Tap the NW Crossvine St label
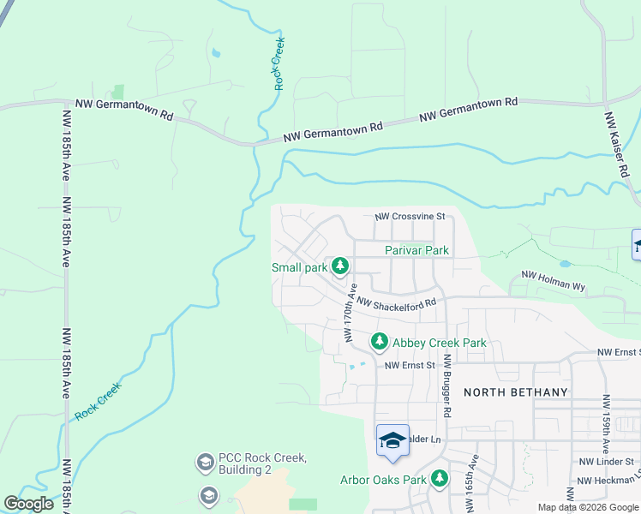click(410, 217)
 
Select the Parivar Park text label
click(417, 250)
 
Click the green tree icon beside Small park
click(340, 267)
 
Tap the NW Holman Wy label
click(554, 281)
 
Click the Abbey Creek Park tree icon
click(379, 343)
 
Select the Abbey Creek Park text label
click(440, 343)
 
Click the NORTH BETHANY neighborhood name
click(516, 392)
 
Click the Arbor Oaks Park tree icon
click(440, 478)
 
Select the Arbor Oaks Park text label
click(383, 480)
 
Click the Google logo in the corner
click(28, 504)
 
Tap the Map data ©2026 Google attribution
click(588, 507)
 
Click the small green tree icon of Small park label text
click(340, 267)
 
